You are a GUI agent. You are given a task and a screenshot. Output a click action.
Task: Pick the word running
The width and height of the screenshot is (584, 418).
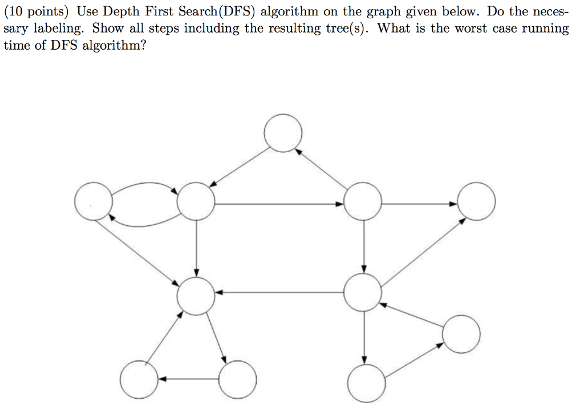tap(549, 29)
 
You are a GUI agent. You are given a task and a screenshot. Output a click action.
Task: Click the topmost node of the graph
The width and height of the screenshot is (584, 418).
tap(283, 133)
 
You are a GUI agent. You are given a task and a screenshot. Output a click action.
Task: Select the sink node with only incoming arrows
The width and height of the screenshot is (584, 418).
tap(476, 201)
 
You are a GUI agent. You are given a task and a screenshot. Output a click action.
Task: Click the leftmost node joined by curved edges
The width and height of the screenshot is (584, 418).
tap(93, 201)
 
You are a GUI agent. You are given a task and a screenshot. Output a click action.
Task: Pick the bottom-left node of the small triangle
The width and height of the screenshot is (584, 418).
tap(139, 380)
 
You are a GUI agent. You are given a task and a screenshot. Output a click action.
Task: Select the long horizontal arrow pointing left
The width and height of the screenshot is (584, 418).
tap(279, 293)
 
